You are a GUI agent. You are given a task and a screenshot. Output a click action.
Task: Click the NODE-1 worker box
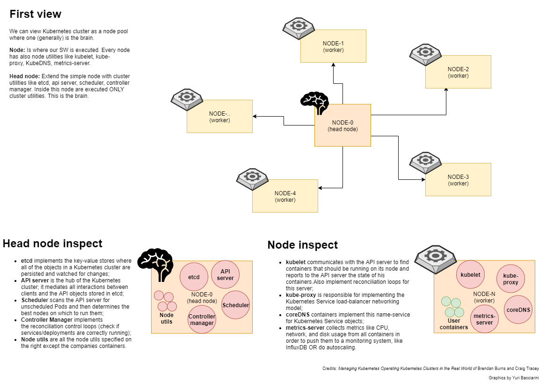click(x=333, y=46)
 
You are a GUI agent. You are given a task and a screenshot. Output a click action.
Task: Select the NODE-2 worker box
click(x=458, y=72)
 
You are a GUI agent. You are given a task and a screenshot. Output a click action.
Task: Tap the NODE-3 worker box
click(x=458, y=179)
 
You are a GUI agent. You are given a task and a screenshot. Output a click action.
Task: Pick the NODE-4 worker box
click(x=285, y=196)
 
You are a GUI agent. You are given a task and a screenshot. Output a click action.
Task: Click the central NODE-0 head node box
click(x=342, y=125)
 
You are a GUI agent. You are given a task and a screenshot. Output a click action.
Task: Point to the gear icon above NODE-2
click(x=425, y=53)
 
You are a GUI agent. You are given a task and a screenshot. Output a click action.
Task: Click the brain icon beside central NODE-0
click(x=314, y=103)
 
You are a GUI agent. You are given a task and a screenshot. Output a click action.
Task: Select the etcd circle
click(x=194, y=277)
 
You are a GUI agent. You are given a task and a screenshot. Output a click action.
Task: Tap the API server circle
click(x=225, y=275)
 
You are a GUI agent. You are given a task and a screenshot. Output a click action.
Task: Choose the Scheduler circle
click(x=235, y=305)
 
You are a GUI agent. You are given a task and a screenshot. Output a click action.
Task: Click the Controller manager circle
click(x=202, y=319)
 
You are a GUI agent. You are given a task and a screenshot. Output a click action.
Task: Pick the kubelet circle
click(x=470, y=274)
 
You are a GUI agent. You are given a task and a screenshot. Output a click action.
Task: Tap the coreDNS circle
click(x=518, y=310)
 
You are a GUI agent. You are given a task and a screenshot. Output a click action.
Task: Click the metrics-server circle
click(x=484, y=319)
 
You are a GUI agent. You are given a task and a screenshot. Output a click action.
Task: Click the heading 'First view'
click(x=36, y=14)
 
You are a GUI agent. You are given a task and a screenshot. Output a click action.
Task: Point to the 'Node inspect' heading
click(x=302, y=245)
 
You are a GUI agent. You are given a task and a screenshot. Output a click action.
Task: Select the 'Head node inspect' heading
click(x=52, y=244)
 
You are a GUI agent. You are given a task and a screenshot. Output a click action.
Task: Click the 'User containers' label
click(x=453, y=324)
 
